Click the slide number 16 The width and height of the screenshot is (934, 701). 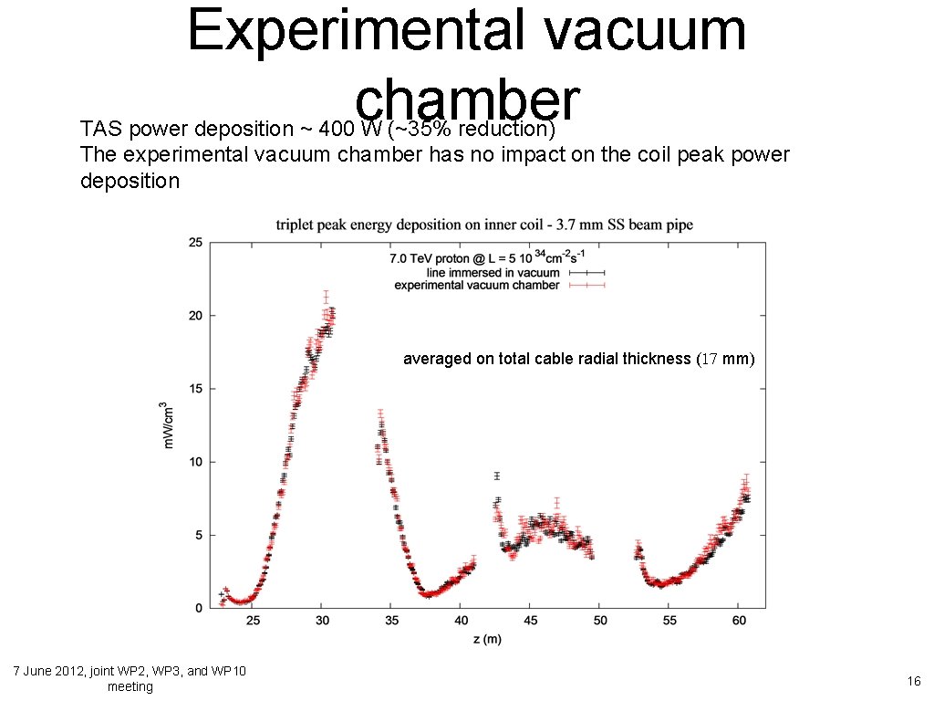click(x=913, y=681)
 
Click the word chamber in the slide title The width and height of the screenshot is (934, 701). click(x=467, y=96)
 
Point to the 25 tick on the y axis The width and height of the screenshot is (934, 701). click(x=195, y=243)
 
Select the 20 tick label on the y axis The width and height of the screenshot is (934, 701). click(x=195, y=316)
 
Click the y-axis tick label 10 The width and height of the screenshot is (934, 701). click(x=195, y=462)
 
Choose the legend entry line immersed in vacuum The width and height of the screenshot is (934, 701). click(x=493, y=272)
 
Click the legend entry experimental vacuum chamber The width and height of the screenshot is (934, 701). click(x=476, y=285)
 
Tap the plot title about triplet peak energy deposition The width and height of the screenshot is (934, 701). click(x=484, y=225)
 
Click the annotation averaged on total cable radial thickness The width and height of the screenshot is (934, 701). click(x=578, y=360)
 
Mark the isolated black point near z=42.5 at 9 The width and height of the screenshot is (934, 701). click(x=497, y=476)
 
